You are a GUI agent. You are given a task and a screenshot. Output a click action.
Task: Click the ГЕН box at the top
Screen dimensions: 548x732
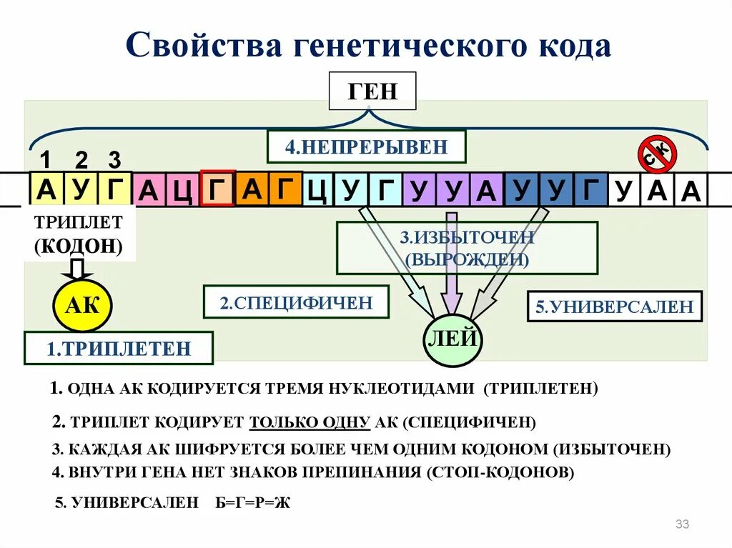(372, 91)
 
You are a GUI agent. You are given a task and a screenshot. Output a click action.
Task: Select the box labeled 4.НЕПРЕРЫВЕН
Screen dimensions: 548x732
(366, 148)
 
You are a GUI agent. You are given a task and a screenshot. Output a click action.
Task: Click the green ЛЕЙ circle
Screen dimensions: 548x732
(452, 339)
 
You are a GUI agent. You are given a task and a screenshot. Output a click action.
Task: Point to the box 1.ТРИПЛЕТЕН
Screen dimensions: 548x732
(119, 349)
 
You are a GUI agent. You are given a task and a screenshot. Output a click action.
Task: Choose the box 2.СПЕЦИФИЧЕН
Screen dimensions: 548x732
(297, 302)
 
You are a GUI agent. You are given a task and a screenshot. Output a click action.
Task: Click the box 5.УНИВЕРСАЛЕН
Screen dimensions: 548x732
(615, 307)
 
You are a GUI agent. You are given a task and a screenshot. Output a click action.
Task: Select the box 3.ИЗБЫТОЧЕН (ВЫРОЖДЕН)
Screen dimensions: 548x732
(467, 248)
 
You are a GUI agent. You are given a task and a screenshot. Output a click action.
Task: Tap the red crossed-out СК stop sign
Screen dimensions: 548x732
(657, 154)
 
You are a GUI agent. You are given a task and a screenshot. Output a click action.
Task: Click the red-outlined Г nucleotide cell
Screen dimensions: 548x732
(218, 190)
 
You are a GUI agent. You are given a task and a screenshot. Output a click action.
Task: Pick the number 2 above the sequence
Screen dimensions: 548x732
(81, 159)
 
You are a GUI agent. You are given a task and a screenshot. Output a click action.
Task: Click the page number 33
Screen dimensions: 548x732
(682, 525)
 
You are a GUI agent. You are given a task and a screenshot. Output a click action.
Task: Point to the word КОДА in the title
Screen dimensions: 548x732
(570, 46)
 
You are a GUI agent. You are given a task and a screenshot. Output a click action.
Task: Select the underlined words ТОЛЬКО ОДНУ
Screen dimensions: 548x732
(310, 422)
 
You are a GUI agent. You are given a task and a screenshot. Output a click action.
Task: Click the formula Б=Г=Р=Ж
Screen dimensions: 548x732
(253, 503)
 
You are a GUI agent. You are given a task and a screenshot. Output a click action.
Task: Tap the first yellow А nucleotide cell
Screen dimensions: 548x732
(46, 189)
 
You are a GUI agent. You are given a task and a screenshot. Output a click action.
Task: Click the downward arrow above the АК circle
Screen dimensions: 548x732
(77, 269)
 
